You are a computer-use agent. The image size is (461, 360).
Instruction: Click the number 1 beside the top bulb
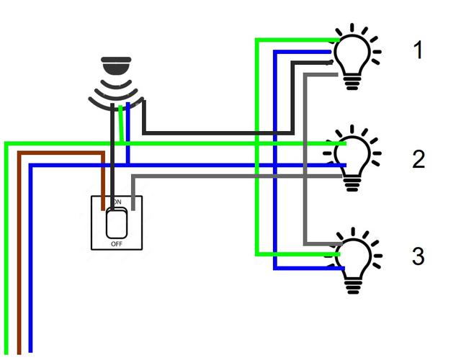(x=419, y=50)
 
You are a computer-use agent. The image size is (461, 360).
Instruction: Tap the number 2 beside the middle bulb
(x=419, y=159)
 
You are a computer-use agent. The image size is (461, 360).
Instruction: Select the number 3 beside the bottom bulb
(x=419, y=256)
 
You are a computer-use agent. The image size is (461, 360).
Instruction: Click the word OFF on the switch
(x=117, y=244)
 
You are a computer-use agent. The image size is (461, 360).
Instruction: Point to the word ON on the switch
(x=117, y=202)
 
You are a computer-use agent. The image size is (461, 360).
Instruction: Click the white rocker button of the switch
(x=117, y=223)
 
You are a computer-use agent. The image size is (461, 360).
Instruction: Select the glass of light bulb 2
(x=352, y=156)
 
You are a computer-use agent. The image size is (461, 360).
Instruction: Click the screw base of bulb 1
(x=352, y=83)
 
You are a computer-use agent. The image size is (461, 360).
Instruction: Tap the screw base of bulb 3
(x=353, y=287)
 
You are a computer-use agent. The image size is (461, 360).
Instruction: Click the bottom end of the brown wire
(x=19, y=353)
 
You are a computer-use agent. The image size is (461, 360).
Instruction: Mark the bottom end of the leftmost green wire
(x=6, y=353)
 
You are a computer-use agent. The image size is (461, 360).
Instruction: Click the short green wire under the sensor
(x=120, y=124)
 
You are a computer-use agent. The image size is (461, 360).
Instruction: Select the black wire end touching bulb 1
(x=331, y=63)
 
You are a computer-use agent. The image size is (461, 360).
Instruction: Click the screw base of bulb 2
(x=352, y=184)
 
